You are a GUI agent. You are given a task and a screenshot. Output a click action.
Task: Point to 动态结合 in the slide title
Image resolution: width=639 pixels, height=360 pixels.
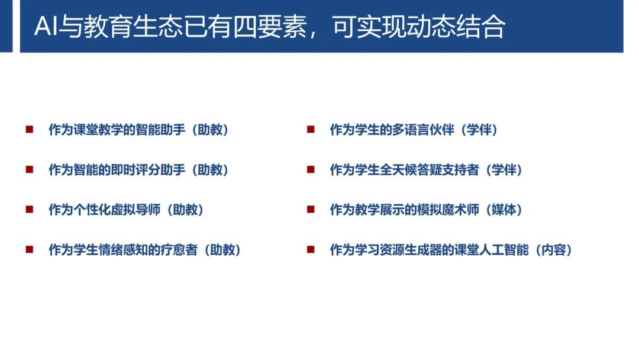point(456,27)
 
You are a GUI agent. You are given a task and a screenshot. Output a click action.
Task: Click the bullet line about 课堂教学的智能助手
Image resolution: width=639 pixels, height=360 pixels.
point(138,130)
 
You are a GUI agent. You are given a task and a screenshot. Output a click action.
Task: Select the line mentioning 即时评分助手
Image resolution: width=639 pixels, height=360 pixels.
point(138,170)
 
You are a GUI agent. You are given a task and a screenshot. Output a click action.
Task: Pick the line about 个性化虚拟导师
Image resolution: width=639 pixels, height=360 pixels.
point(126,210)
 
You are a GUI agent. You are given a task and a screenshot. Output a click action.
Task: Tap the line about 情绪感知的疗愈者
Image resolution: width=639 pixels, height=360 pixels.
point(145,250)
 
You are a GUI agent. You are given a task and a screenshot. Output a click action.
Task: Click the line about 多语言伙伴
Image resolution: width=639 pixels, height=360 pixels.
point(414,130)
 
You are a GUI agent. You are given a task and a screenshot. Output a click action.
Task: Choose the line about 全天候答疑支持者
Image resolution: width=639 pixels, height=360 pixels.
point(426,170)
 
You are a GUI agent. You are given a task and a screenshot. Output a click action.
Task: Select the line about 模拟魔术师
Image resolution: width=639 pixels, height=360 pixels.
point(426,210)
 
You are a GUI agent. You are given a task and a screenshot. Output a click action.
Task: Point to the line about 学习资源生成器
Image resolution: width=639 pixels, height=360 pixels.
point(451,250)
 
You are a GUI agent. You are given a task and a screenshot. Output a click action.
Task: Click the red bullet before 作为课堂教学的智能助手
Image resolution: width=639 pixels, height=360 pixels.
point(29,129)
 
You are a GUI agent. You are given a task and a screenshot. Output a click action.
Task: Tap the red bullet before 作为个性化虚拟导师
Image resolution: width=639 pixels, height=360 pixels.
point(29,209)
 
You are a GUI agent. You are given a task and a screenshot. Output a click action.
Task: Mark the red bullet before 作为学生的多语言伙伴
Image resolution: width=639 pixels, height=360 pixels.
point(311,129)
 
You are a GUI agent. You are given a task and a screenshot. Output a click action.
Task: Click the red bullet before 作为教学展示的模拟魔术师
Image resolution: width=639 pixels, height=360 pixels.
point(311,209)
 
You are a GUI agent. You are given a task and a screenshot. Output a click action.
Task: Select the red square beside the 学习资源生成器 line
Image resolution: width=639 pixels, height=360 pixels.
point(311,249)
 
